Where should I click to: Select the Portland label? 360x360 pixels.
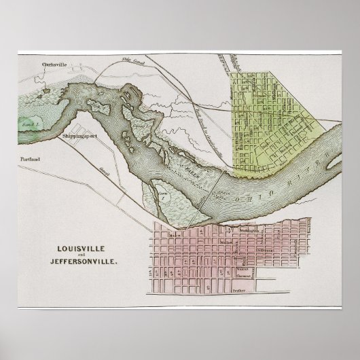click(30, 160)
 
